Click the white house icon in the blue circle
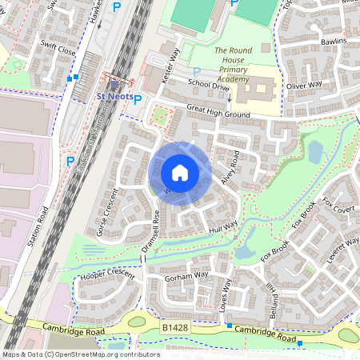click(x=180, y=173)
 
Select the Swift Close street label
click(x=60, y=50)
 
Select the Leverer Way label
click(x=342, y=253)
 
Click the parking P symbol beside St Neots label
click(x=137, y=100)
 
